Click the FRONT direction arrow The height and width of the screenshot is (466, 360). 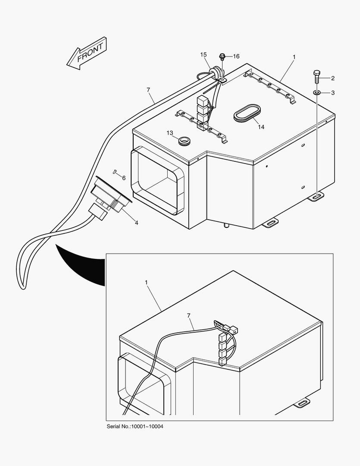click(x=87, y=54)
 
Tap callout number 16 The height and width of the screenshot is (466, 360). click(x=236, y=57)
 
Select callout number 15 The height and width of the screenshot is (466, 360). click(x=203, y=55)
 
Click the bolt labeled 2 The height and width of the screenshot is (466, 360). click(x=316, y=77)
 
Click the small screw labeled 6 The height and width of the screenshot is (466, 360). click(x=115, y=172)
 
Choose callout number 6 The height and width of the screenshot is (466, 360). click(x=124, y=178)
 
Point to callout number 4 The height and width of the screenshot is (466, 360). click(x=136, y=223)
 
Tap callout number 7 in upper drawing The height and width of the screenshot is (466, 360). click(x=148, y=90)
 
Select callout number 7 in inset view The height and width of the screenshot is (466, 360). click(x=188, y=316)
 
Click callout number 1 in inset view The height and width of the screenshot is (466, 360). click(x=146, y=282)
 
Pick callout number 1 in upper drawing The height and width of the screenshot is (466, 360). click(x=294, y=57)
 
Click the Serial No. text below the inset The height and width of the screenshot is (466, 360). click(x=135, y=427)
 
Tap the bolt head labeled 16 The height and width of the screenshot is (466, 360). click(x=222, y=56)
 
